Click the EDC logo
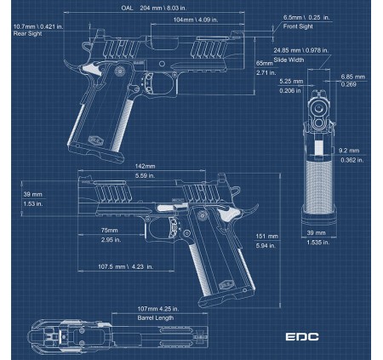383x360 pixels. (302, 337)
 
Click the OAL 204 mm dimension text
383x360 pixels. (154, 8)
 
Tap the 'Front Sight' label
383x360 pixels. (298, 26)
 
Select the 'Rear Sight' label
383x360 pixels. (27, 33)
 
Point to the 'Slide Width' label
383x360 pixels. (289, 60)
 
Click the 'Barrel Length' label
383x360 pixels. (156, 317)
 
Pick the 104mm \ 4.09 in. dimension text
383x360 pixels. (196, 20)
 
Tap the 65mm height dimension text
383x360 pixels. (265, 63)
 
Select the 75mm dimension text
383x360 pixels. (109, 231)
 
